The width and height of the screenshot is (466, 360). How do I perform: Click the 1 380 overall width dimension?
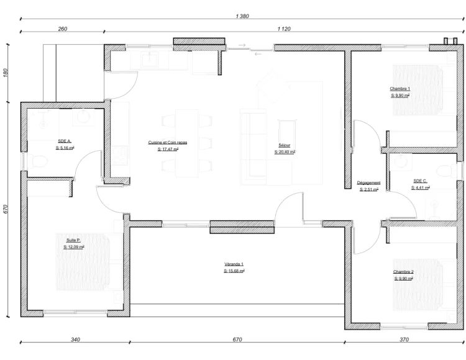[242, 16]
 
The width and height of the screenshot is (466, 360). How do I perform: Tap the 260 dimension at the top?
[63, 29]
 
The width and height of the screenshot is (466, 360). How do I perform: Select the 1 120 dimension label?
[284, 29]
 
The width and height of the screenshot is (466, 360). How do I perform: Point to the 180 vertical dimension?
[6, 73]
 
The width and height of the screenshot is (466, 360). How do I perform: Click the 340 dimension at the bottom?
[75, 340]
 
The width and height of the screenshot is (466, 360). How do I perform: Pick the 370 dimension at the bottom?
[404, 340]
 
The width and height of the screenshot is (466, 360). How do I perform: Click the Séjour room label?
[285, 145]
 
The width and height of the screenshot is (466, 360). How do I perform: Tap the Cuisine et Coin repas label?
[168, 143]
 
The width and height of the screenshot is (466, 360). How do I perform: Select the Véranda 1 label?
[234, 264]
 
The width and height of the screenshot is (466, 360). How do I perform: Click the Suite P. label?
[73, 240]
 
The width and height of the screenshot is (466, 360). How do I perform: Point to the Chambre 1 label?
[400, 89]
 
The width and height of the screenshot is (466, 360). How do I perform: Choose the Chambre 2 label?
[403, 272]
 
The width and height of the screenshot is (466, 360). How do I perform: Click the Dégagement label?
[368, 183]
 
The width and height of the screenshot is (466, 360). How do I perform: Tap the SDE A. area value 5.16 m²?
[65, 148]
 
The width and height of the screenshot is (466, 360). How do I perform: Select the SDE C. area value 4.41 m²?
[421, 187]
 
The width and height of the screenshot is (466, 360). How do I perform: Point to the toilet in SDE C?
[447, 171]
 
